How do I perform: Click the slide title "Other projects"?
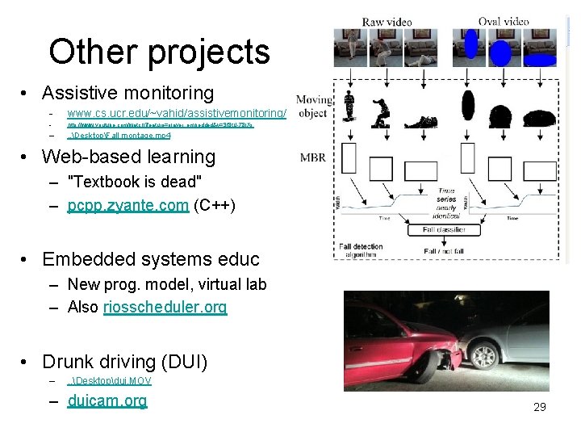159,52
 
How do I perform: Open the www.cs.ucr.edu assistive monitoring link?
177,114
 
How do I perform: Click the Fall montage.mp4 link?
119,135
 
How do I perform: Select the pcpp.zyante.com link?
128,206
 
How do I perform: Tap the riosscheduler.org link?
165,307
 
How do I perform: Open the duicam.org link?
107,400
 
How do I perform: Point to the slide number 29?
540,407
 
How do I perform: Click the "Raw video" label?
387,22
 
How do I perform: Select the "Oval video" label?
504,22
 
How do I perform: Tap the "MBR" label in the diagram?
314,157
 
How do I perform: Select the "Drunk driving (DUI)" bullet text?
124,361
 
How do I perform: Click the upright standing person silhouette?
349,107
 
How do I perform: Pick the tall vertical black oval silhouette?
467,106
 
